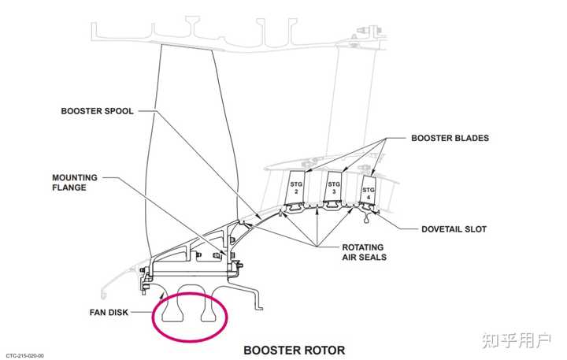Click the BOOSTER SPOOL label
pyautogui.click(x=98, y=111)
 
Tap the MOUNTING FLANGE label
pyautogui.click(x=75, y=183)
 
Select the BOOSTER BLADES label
pyautogui.click(x=450, y=138)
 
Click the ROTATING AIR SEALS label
pyautogui.click(x=365, y=251)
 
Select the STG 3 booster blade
pyautogui.click(x=334, y=188)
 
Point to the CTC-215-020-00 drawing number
pyautogui.click(x=24, y=355)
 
